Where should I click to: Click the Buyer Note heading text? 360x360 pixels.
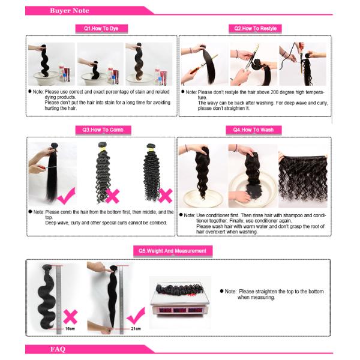(x=70, y=11)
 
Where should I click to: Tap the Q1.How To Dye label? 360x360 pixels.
(x=101, y=29)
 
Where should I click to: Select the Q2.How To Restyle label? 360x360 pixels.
(x=255, y=29)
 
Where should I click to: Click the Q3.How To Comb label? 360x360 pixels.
(x=103, y=130)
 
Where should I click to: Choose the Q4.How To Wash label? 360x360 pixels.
(x=253, y=130)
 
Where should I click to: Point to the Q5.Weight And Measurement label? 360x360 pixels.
(x=173, y=251)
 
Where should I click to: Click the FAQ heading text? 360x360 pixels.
(x=58, y=349)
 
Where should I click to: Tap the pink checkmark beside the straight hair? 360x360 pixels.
(x=67, y=196)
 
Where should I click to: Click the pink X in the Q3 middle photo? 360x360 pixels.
(x=112, y=196)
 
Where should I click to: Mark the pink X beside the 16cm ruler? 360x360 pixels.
(x=70, y=317)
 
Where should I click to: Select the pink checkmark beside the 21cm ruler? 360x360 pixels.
(x=136, y=316)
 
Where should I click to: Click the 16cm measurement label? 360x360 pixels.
(x=70, y=329)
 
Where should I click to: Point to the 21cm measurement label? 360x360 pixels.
(x=136, y=329)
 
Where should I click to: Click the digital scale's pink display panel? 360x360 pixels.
(x=179, y=310)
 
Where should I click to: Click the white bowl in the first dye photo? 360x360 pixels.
(x=45, y=77)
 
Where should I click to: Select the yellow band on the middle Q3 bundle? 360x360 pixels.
(x=103, y=149)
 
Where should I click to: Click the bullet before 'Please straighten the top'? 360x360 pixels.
(x=221, y=291)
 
